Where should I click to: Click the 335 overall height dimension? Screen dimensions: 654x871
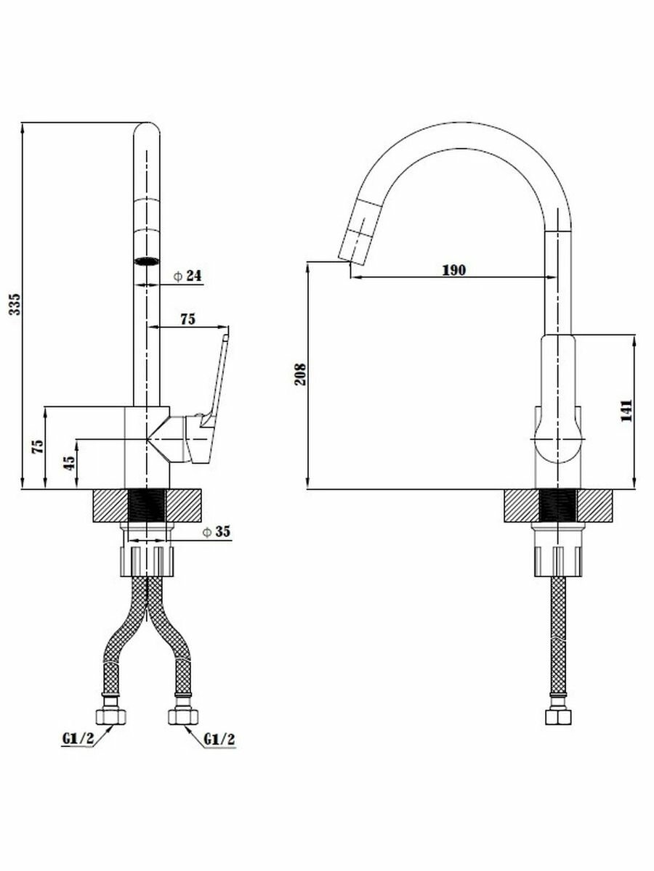pos(14,305)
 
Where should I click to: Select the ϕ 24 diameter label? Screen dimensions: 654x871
pos(187,276)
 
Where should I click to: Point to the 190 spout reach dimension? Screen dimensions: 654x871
pos(453,269)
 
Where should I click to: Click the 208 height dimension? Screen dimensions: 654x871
pos(300,375)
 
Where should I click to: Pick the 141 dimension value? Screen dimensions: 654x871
pos(626,411)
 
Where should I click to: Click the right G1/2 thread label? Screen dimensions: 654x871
pos(219,740)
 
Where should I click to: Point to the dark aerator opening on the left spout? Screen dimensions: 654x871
pos(148,261)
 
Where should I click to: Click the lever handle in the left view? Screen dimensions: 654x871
pos(217,377)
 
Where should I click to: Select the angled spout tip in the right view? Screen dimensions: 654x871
pos(350,247)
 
